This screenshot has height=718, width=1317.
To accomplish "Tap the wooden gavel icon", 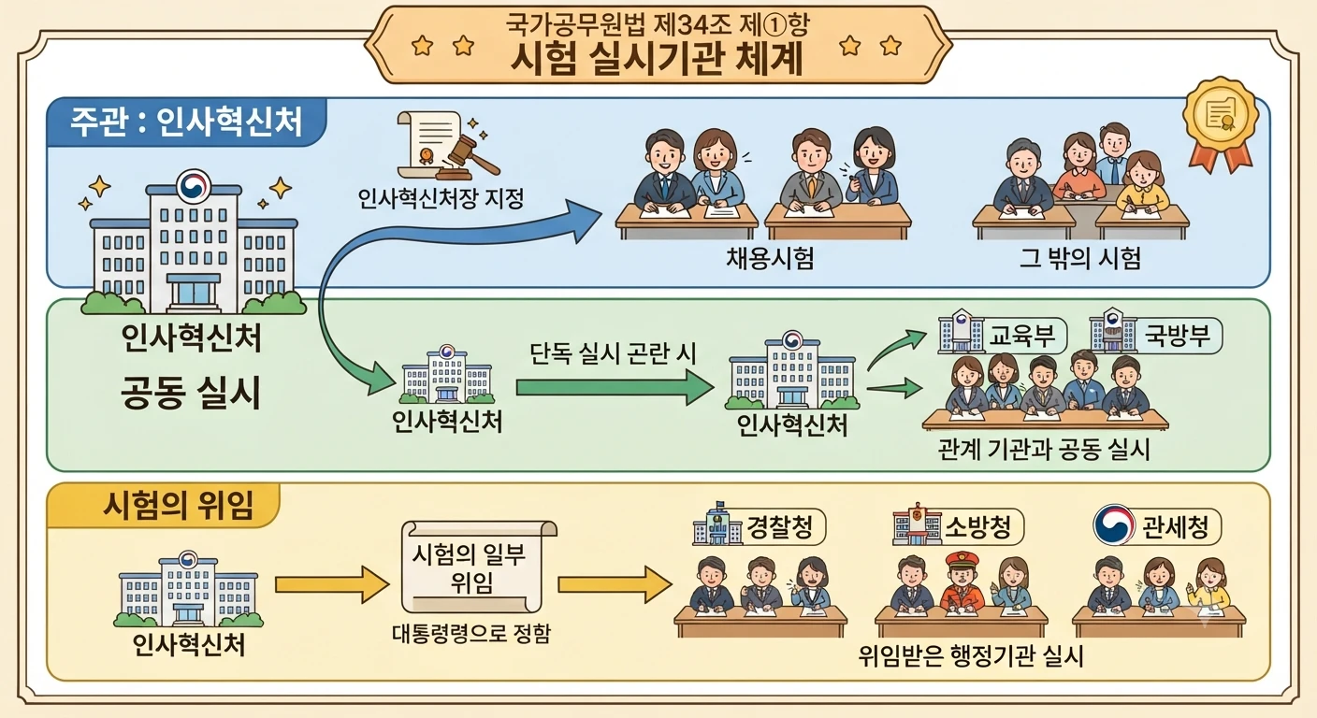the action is (x=468, y=156).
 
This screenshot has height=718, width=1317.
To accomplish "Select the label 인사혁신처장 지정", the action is (x=441, y=198).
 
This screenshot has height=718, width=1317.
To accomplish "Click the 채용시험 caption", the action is (x=770, y=258).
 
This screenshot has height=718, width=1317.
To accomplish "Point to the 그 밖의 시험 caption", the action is (x=1079, y=258).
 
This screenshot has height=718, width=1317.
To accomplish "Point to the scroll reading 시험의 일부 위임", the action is (x=479, y=567).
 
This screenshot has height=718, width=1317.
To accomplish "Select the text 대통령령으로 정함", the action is (x=470, y=633).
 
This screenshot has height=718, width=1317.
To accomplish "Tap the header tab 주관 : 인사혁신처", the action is (x=186, y=122).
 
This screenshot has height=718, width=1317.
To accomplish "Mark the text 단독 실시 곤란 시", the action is (x=613, y=353).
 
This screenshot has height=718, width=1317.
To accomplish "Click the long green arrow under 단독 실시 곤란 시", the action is (x=615, y=388).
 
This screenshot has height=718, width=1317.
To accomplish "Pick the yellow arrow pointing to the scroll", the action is (x=332, y=584).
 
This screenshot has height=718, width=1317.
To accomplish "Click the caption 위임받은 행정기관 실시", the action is (x=970, y=656).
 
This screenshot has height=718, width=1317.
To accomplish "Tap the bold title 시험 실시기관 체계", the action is (x=658, y=59).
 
